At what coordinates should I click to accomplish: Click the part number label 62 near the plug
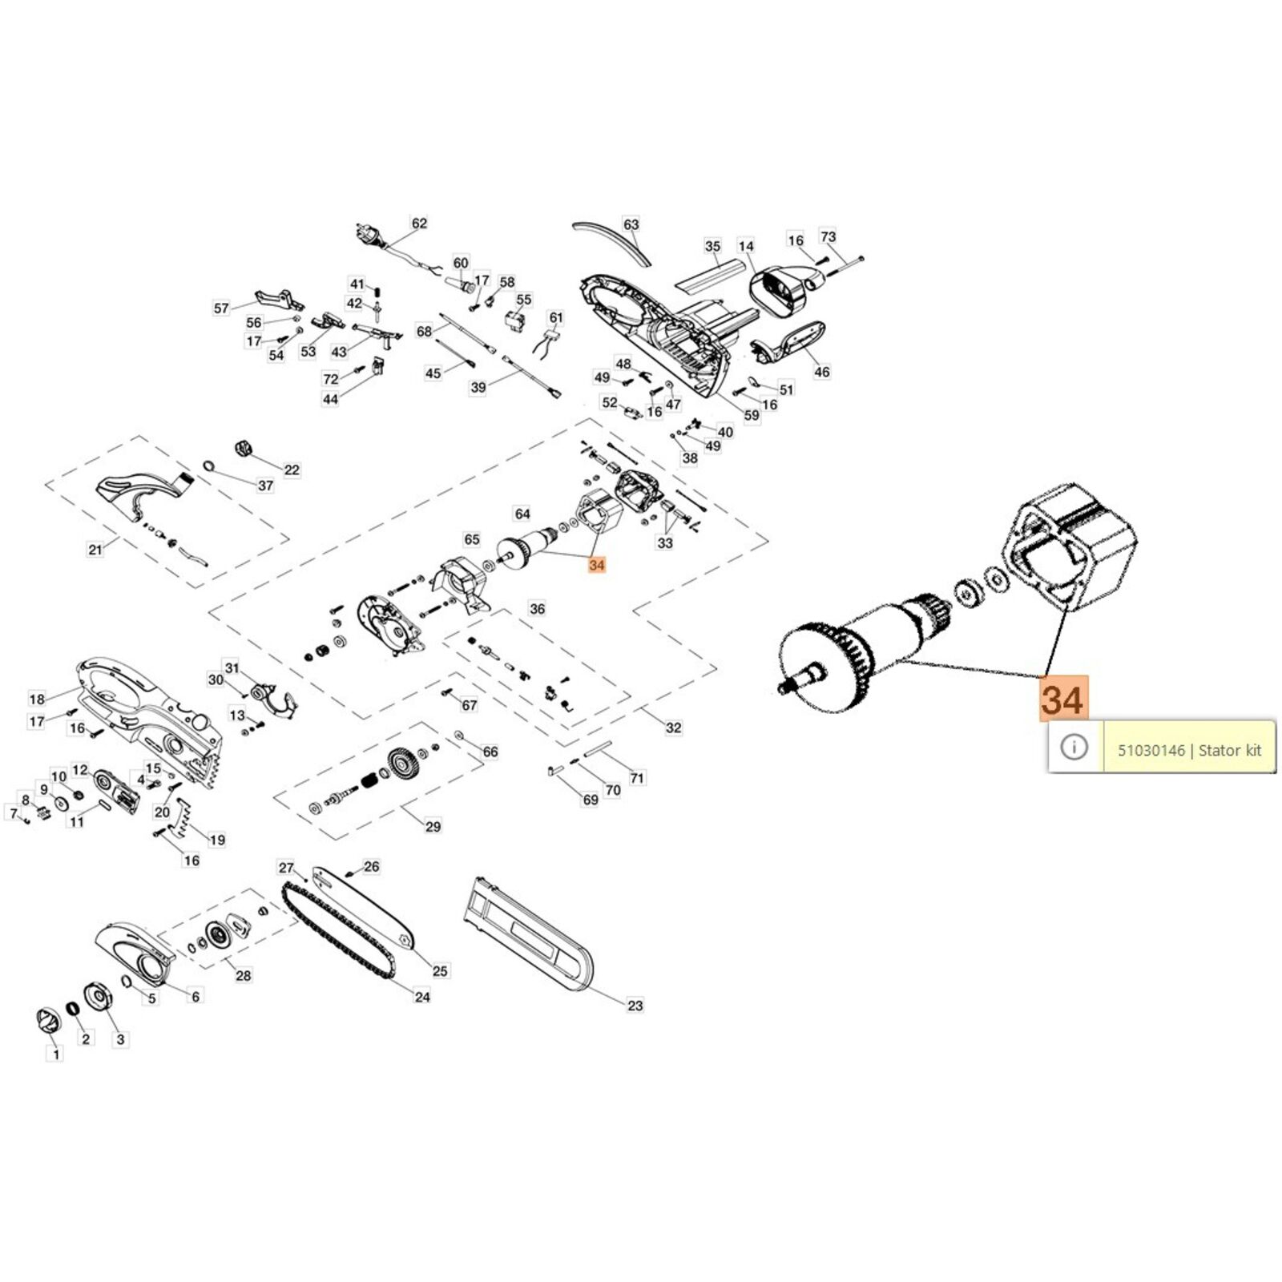tap(419, 224)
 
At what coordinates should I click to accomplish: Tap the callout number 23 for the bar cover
tap(635, 1005)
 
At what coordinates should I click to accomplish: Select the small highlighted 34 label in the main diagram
tap(596, 565)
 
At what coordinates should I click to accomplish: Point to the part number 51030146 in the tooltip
tap(1151, 750)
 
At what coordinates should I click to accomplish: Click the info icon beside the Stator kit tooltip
tap(1074, 748)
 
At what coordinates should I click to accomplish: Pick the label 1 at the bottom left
tap(56, 1054)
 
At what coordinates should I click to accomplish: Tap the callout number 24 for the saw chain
tap(422, 997)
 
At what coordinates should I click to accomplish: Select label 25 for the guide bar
tap(440, 971)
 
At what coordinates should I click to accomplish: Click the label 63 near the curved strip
tap(631, 224)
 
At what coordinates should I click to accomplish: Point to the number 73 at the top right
tap(828, 236)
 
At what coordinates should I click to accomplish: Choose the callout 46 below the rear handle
tap(821, 372)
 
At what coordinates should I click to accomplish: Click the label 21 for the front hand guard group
tap(95, 550)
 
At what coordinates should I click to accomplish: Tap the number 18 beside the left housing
tap(37, 699)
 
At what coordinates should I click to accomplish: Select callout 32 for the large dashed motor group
tap(674, 728)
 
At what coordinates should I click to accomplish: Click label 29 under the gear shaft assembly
tap(433, 826)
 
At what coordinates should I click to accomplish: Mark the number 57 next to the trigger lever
tap(221, 308)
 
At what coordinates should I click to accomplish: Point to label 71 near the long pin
tap(636, 778)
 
